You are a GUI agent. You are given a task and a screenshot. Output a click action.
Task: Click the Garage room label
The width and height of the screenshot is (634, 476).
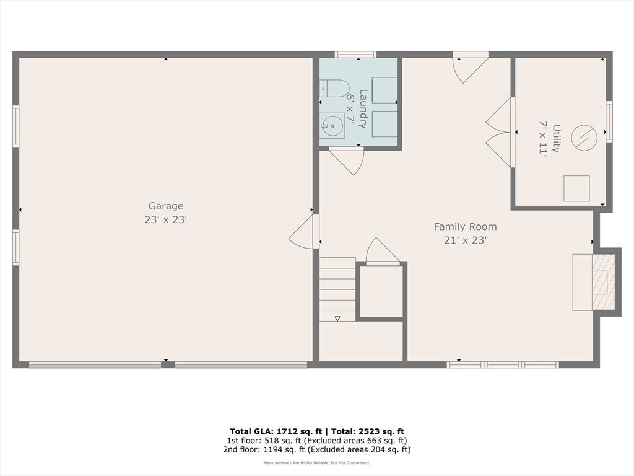pyautogui.click(x=166, y=206)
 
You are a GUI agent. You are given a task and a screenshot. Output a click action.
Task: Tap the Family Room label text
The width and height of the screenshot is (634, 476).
pyautogui.click(x=465, y=227)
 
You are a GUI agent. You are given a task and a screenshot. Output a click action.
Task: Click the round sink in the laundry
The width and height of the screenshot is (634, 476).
pyautogui.click(x=332, y=125)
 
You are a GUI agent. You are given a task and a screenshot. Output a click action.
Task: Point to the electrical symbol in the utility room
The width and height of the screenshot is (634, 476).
pyautogui.click(x=584, y=138)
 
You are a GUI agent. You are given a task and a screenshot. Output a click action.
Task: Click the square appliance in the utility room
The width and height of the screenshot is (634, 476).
pyautogui.click(x=576, y=188)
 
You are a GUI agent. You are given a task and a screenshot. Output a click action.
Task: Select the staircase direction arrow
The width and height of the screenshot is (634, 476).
pyautogui.click(x=337, y=319)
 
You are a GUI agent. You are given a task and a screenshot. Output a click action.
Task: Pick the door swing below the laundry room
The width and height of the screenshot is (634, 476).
pyautogui.click(x=347, y=161)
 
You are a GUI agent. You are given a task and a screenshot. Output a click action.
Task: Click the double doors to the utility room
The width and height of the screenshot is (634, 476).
pyautogui.click(x=500, y=133)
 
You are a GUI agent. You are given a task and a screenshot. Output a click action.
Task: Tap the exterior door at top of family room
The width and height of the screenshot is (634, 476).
pyautogui.click(x=471, y=67)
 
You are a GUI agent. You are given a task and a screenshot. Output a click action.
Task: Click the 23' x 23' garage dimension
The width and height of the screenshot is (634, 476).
pyautogui.click(x=166, y=220)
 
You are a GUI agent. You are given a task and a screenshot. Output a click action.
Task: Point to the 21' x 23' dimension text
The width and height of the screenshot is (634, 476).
pyautogui.click(x=465, y=240)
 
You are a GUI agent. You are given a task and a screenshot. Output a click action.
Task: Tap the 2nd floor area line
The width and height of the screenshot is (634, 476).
pyautogui.click(x=316, y=449)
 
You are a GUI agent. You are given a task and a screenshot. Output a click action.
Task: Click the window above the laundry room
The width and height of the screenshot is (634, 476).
pyautogui.click(x=355, y=55)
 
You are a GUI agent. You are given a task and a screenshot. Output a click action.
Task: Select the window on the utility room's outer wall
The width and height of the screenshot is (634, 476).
pyautogui.click(x=609, y=121)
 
